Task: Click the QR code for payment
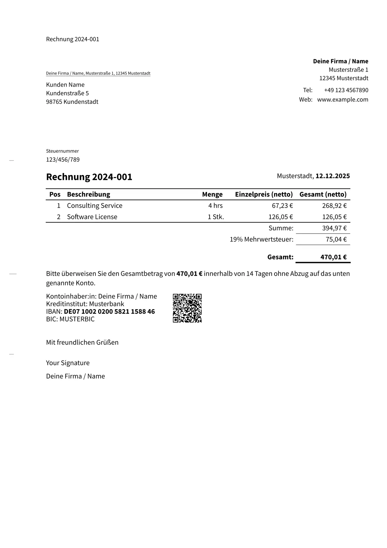coord(187,308)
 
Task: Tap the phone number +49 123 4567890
coord(346,90)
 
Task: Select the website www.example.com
coord(342,100)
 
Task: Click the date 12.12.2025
coord(332,176)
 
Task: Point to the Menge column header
coord(212,194)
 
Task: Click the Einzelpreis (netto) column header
coord(264,194)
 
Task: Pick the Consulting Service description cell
coord(95,206)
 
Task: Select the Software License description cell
coord(92,217)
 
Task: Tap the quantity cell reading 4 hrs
coord(215,206)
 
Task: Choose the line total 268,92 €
coord(334,206)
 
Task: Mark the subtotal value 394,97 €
coord(334,228)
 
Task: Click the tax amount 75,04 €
coord(336,240)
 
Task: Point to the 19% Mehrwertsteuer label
coord(261,240)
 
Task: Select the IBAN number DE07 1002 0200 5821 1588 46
coord(109,311)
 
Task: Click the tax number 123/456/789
coord(63,159)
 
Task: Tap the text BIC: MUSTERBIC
coord(70,319)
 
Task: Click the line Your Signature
coord(68,363)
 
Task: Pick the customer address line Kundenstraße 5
coord(67,93)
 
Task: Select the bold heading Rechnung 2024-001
coord(89,177)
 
